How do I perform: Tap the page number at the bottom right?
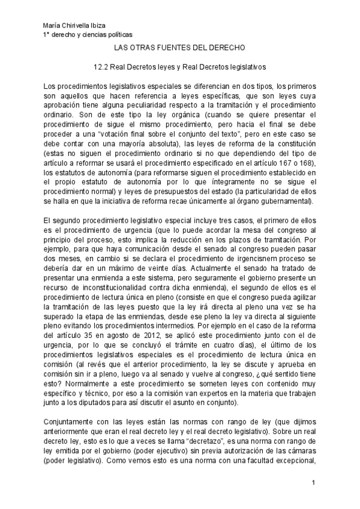(313, 483)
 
